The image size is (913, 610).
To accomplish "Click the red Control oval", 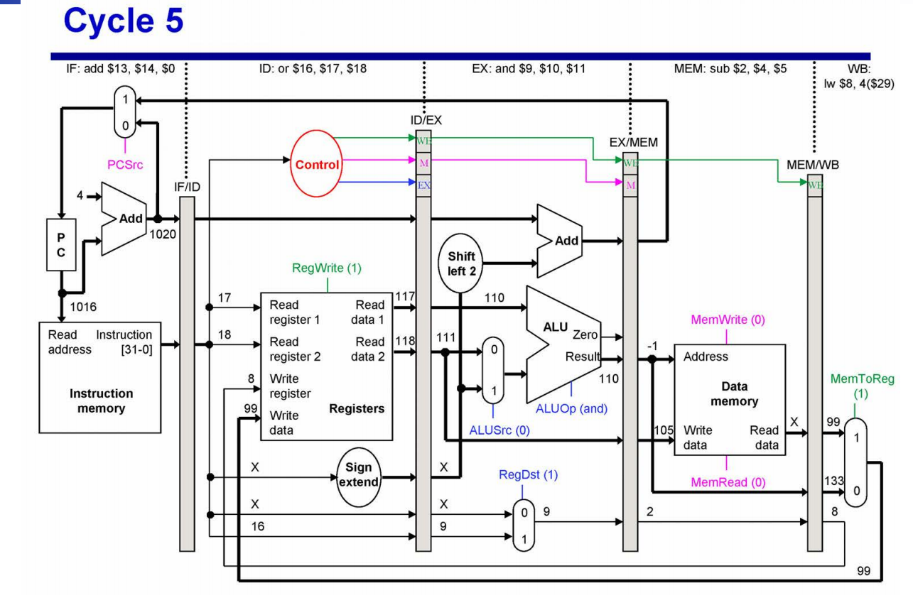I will click(x=317, y=165).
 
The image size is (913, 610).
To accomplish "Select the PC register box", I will click(x=62, y=244).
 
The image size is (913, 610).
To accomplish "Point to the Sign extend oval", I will click(x=359, y=476).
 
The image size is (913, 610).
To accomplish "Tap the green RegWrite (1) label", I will click(x=327, y=268).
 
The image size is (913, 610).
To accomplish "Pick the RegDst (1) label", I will click(x=523, y=475).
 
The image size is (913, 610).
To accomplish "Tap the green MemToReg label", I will click(x=862, y=380).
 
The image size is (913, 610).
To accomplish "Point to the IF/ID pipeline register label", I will click(x=186, y=187).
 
